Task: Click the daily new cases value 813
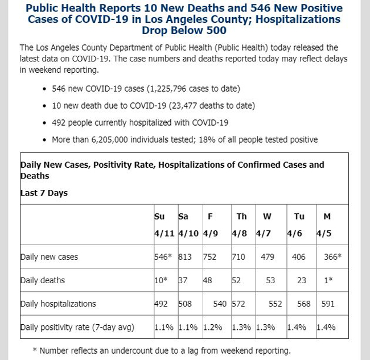185,256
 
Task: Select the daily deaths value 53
270,280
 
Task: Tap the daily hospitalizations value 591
328,304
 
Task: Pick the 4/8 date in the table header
239,233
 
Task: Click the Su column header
159,216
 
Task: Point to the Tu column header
299,216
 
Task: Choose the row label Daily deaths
43,280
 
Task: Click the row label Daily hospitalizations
58,304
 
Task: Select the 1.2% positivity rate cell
213,327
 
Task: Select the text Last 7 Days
44,193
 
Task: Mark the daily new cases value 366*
333,256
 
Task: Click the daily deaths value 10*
161,280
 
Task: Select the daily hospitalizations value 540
220,304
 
